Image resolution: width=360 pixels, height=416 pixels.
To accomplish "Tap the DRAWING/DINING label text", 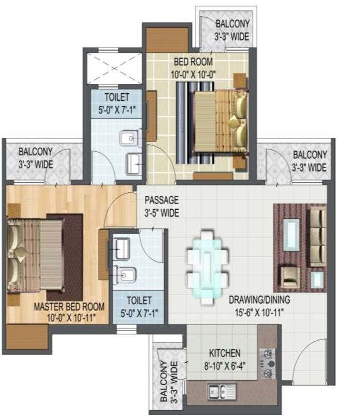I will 259,300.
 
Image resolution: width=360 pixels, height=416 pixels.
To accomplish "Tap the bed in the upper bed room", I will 219,122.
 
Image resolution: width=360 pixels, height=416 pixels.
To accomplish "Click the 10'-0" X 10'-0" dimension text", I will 193,73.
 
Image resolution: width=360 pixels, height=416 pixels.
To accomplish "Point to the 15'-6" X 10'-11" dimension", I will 259,313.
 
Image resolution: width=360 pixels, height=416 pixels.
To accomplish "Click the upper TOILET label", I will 117,97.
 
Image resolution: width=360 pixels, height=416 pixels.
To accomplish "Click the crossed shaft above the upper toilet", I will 114,68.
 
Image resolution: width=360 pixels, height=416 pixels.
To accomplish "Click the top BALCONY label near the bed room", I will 232,24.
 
